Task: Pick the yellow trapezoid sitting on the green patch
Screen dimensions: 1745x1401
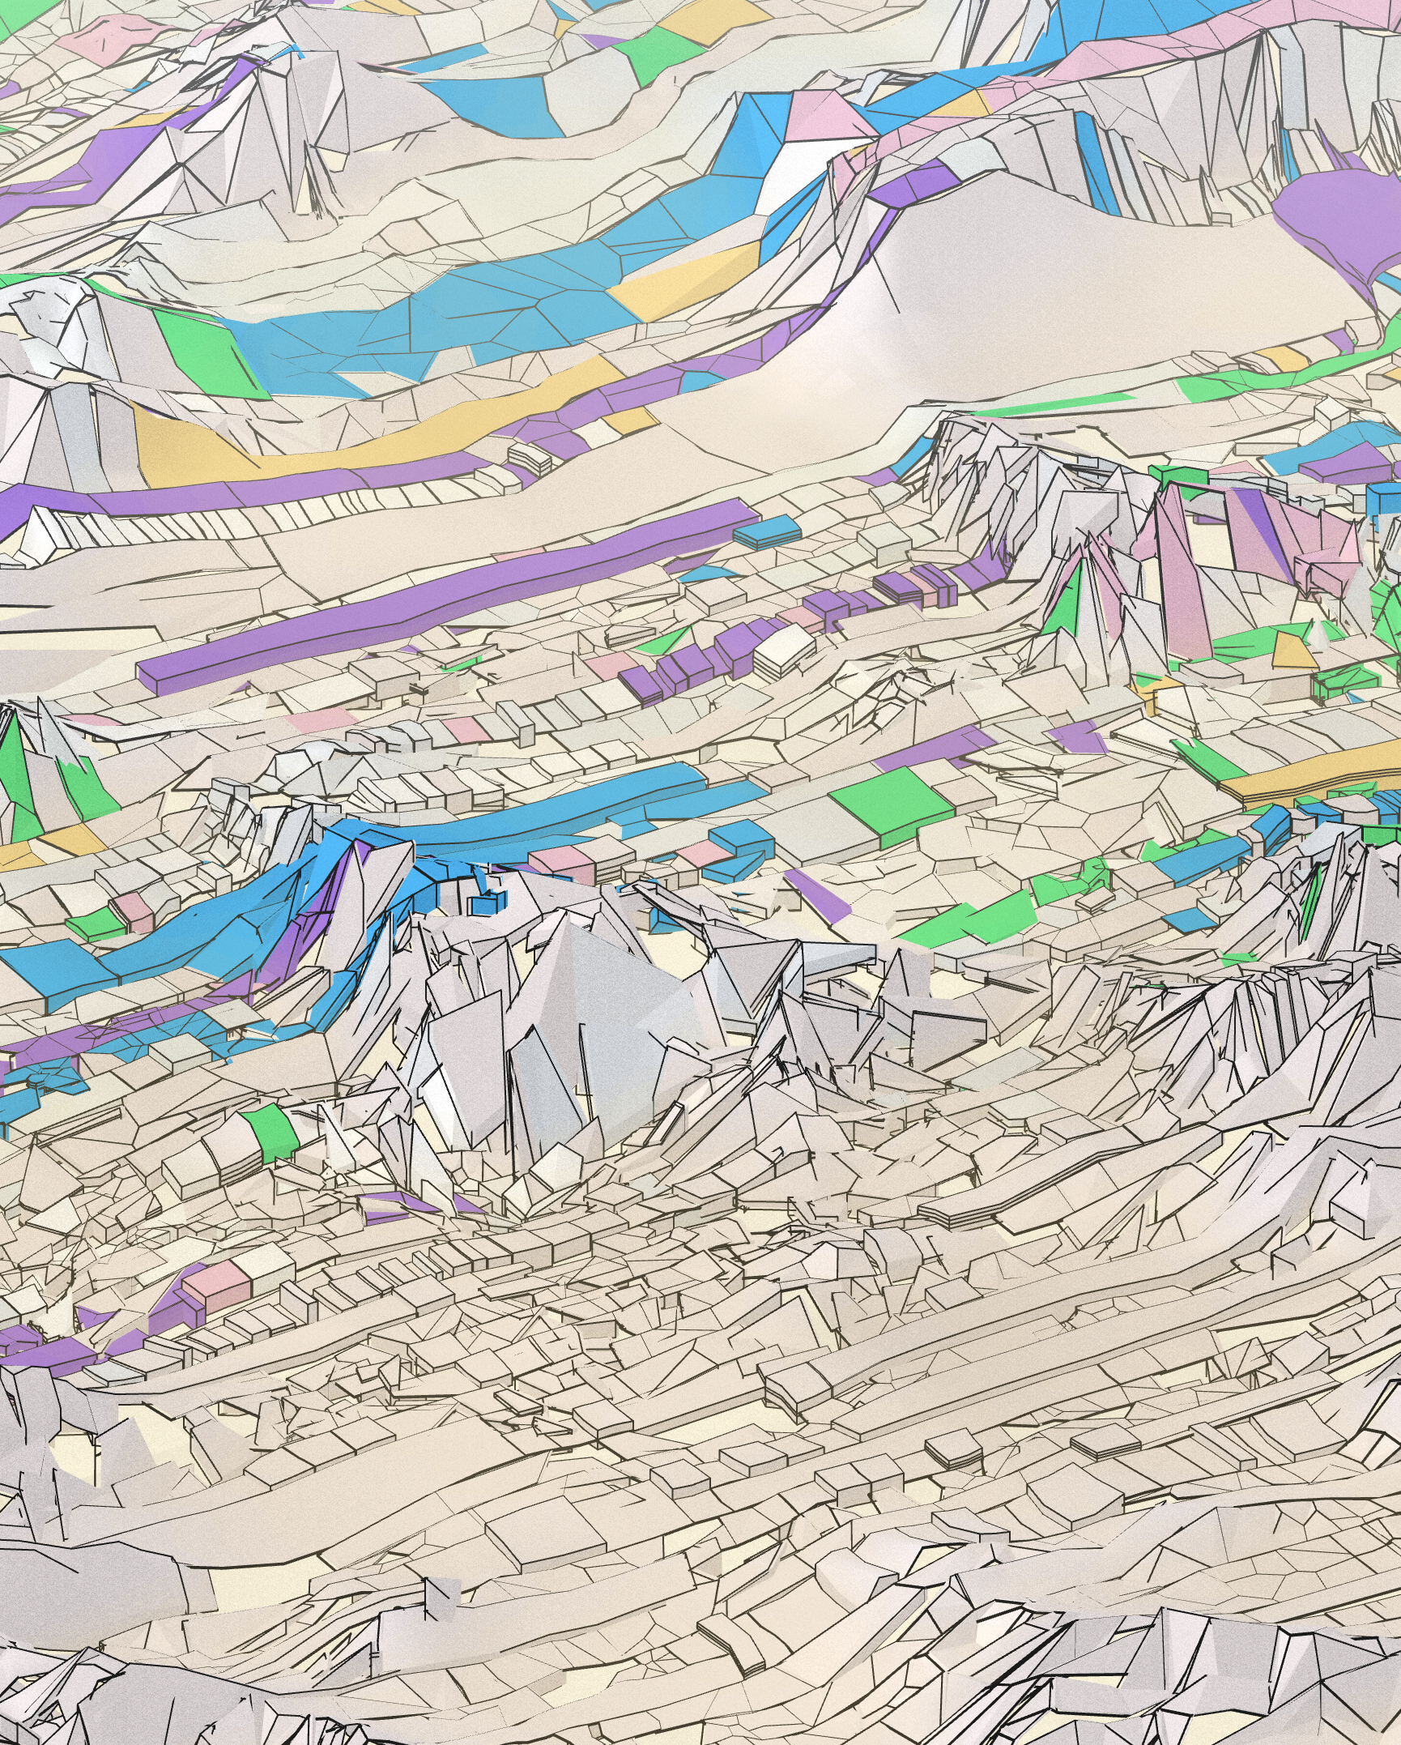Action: [x=1294, y=651]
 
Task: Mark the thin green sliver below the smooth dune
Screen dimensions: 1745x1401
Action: [x=1053, y=403]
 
